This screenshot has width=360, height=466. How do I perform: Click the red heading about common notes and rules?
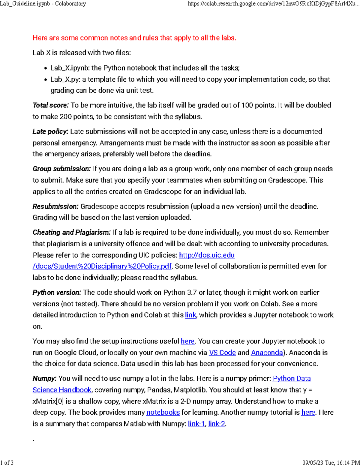click(x=134, y=38)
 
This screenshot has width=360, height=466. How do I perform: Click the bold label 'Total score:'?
click(x=51, y=105)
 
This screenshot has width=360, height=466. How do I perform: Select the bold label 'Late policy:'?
click(x=50, y=132)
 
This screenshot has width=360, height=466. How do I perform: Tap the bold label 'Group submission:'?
click(x=61, y=169)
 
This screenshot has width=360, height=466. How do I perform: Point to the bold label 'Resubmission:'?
click(x=55, y=207)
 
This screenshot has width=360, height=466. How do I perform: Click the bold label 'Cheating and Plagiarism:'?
click(x=72, y=233)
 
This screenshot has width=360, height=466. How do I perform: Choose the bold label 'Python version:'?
click(x=57, y=293)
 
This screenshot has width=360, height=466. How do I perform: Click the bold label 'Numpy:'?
click(x=44, y=379)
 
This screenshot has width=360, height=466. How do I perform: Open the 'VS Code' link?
click(x=222, y=353)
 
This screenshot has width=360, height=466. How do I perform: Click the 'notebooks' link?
click(x=163, y=413)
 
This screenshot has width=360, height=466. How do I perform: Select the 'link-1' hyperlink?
click(x=196, y=424)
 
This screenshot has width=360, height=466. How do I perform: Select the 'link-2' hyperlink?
click(x=217, y=424)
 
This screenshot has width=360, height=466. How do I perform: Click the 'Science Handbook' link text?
click(x=62, y=390)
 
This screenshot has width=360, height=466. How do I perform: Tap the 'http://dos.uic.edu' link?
click(x=207, y=255)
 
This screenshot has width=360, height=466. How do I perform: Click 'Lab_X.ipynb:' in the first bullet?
click(x=70, y=68)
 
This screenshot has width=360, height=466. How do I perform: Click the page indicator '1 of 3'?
click(x=7, y=462)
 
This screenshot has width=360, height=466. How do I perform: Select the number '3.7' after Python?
click(x=192, y=293)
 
